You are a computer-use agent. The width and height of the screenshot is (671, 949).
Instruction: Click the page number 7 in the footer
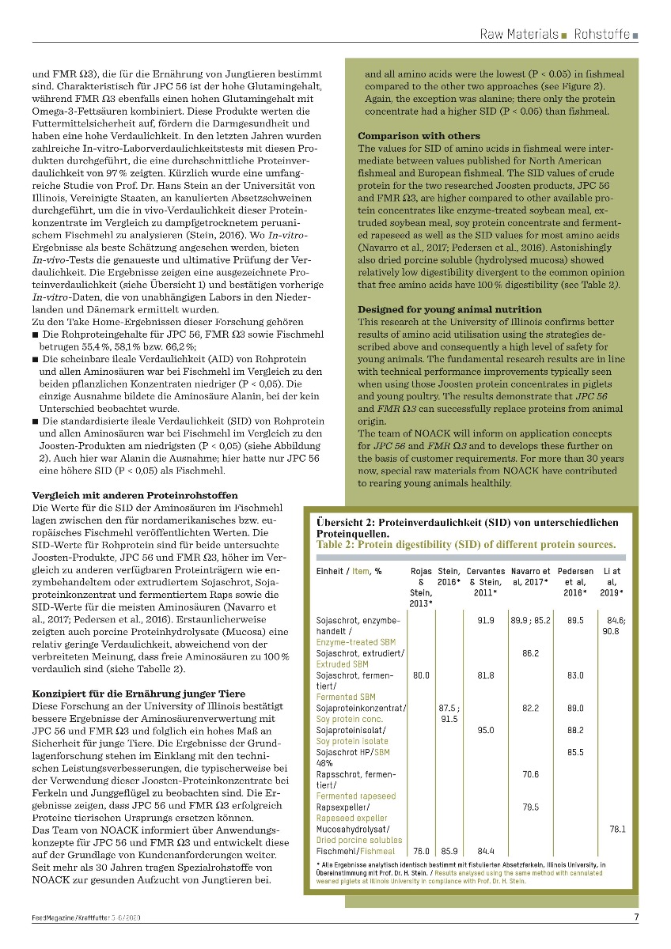pos(636,917)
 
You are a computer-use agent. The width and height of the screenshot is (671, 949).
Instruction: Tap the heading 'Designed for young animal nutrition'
pos(449,308)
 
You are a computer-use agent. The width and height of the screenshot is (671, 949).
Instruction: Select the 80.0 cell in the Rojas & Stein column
pos(421,675)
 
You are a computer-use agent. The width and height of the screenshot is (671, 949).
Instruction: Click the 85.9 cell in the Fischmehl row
pos(449,851)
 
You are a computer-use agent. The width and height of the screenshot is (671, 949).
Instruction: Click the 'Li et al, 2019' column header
pos(611,581)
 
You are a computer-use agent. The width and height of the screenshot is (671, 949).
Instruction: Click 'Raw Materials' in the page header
pos(519,34)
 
